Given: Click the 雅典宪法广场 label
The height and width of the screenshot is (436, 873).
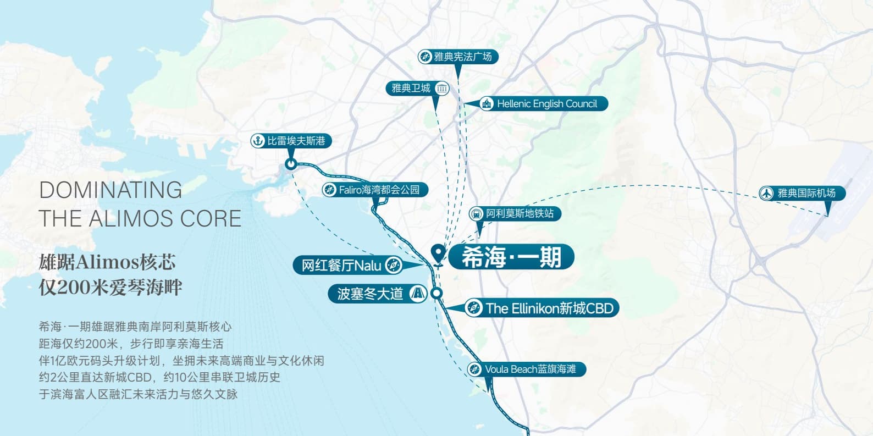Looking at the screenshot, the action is [458, 57].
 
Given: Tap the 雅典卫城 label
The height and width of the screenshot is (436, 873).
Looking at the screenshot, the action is [418, 89].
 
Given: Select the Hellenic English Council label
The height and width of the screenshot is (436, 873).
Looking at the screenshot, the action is [543, 104].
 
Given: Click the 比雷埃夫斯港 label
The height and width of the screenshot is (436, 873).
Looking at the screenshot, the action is [291, 141].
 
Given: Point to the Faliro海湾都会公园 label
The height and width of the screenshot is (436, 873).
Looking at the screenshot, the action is [375, 190].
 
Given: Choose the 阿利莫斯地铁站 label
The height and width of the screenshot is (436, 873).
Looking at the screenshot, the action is [515, 214].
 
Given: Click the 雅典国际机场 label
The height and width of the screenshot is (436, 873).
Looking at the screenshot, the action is [802, 193].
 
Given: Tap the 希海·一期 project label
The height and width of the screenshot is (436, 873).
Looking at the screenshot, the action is [511, 257].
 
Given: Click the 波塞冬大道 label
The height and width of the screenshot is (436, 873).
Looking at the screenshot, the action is [378, 294].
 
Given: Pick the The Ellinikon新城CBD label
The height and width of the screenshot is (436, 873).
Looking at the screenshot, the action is [542, 308].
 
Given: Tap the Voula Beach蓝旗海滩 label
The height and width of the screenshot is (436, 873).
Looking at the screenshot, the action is [527, 369].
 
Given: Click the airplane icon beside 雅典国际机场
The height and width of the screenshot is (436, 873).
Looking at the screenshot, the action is [767, 193].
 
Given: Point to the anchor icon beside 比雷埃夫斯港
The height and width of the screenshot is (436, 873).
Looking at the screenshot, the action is [258, 141].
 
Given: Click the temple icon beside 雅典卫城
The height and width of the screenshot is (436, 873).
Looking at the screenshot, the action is [442, 89].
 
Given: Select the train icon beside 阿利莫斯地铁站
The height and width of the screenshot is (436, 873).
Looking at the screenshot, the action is [476, 214].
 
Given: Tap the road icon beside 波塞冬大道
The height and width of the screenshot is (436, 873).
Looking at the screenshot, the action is [418, 294].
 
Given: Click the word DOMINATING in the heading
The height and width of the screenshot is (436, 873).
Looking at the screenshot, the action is [110, 191].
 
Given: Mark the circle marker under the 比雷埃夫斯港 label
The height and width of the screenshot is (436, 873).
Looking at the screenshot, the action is [291, 164].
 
